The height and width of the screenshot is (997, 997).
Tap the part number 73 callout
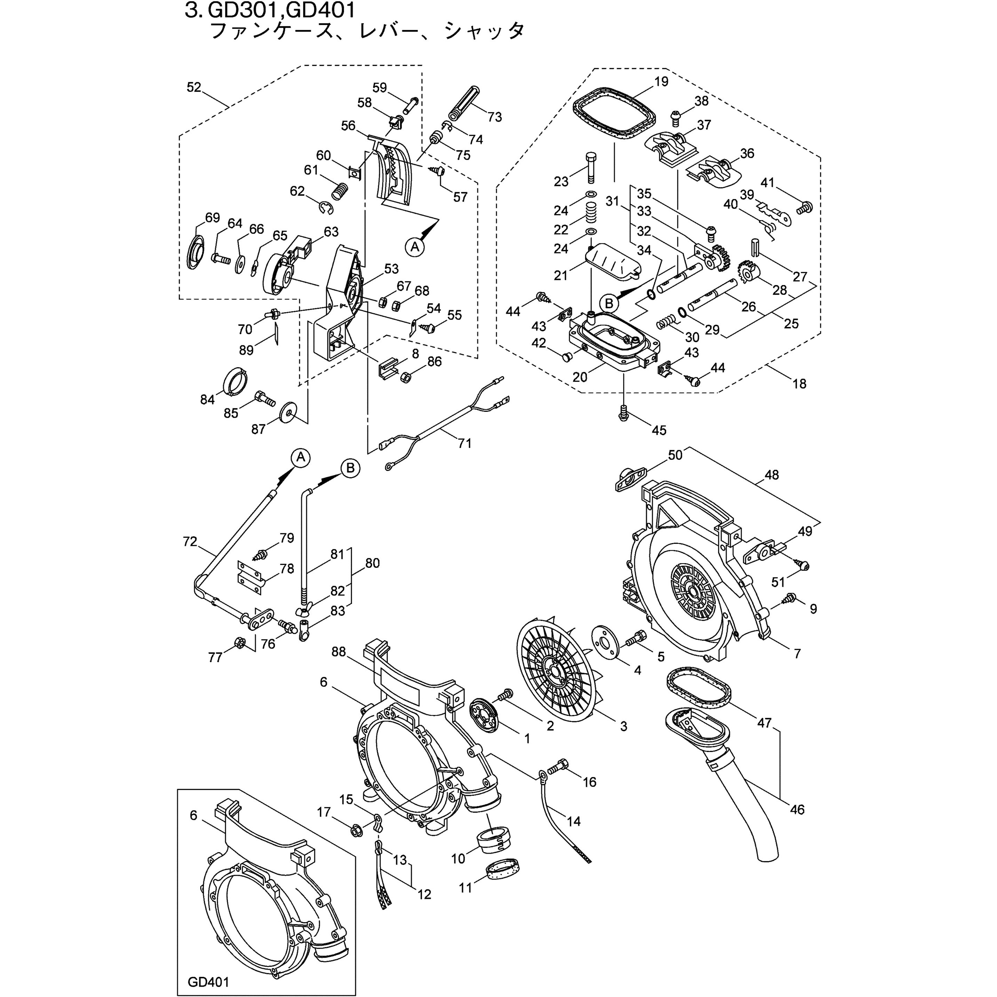(494, 117)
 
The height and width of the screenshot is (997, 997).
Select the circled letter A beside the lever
(415, 247)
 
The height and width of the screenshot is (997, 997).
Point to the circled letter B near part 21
(609, 304)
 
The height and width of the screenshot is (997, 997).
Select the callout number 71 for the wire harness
(464, 443)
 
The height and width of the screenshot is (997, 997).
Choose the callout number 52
(194, 88)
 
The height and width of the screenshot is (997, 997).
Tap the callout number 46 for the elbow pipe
(797, 809)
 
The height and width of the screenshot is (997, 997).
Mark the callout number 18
(799, 383)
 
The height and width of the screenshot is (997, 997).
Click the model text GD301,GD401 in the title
(281, 10)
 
